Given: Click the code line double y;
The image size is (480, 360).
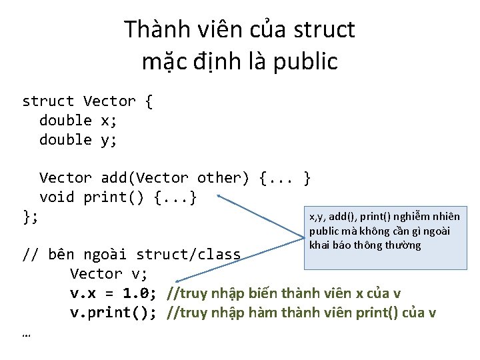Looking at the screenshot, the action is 78,140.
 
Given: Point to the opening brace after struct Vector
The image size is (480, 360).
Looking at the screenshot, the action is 148,101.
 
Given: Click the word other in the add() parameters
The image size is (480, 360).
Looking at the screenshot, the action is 223,179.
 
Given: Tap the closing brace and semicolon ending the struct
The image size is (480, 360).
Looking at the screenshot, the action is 31,217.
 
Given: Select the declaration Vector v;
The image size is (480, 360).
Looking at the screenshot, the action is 108,274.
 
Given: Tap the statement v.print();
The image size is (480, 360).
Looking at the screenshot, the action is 113,313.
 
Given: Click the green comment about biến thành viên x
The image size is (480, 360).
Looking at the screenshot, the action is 284,293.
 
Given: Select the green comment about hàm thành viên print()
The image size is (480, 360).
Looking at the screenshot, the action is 301,313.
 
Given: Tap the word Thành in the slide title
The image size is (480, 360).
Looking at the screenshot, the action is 154,30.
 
